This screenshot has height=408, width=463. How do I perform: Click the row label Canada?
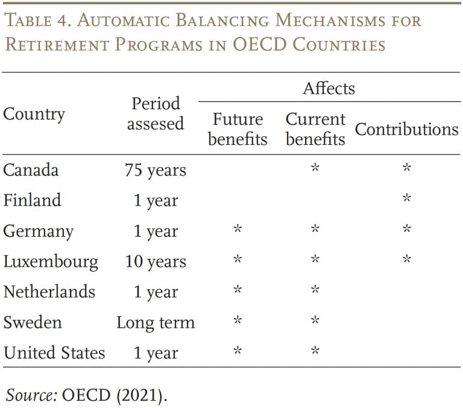pyautogui.click(x=31, y=170)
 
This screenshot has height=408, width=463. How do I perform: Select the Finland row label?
pyautogui.click(x=32, y=200)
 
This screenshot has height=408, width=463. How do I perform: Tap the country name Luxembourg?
pyautogui.click(x=51, y=261)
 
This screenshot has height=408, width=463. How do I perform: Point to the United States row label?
pyautogui.click(x=54, y=352)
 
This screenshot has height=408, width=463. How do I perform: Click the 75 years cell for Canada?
pyautogui.click(x=155, y=171)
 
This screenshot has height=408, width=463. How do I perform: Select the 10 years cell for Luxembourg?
pyautogui.click(x=155, y=262)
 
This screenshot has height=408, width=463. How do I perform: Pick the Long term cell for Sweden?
pyautogui.click(x=155, y=323)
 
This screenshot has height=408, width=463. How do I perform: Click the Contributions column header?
pyautogui.click(x=406, y=130)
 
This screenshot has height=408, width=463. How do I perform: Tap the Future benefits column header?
pyautogui.click(x=237, y=129)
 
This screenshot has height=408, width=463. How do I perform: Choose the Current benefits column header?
pyautogui.click(x=315, y=129)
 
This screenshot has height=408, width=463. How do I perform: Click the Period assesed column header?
pyautogui.click(x=155, y=113)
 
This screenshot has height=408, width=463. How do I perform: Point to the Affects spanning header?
pyautogui.click(x=329, y=89)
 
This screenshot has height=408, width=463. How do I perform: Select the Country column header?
pyautogui.click(x=34, y=114)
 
